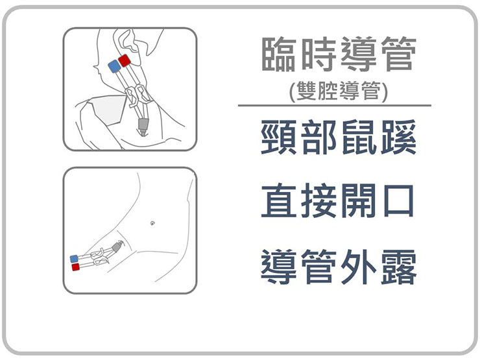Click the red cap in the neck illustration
(x=125, y=60)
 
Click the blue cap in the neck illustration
(x=115, y=66)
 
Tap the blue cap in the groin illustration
(x=74, y=259)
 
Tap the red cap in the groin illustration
(x=76, y=267)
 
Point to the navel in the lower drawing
(x=152, y=222)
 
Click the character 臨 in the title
(x=278, y=54)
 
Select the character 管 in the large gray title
(x=398, y=54)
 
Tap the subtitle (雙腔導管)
(x=338, y=91)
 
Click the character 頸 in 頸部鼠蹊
(x=278, y=137)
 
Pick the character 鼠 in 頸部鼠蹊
(x=359, y=137)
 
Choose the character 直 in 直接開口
(x=278, y=200)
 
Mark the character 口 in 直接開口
(x=398, y=201)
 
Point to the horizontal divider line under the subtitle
(x=335, y=106)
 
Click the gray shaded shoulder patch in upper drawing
(x=109, y=110)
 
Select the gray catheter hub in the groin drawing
(x=117, y=246)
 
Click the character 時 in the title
(x=318, y=54)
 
